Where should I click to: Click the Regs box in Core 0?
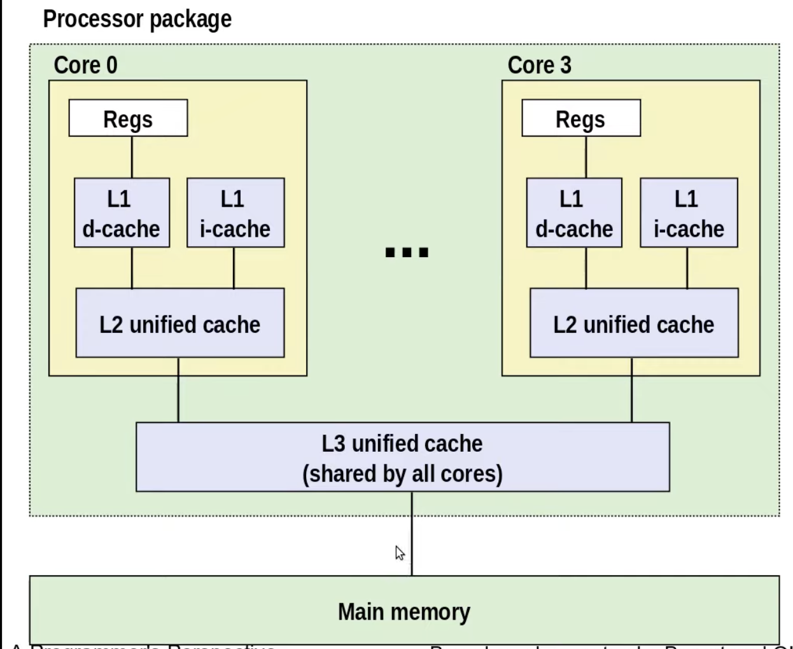coord(128,118)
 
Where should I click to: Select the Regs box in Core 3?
coord(580,118)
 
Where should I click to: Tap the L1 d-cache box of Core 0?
coord(122,213)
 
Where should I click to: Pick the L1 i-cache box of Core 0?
coord(235,213)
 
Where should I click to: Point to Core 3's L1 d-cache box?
coord(574,213)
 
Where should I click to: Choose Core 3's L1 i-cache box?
coord(689,213)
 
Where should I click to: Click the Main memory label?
coord(404,611)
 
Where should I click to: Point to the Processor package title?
coord(137,19)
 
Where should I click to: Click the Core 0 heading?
coord(85,65)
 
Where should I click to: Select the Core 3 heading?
coord(539,65)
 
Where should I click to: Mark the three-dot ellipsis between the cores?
coord(407,253)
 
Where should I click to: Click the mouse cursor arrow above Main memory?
coord(400,553)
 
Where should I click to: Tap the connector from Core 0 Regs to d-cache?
coord(132,157)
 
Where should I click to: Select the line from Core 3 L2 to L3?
coord(631,389)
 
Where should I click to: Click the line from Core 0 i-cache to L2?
coord(234,268)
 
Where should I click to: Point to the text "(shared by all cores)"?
coord(402,474)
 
